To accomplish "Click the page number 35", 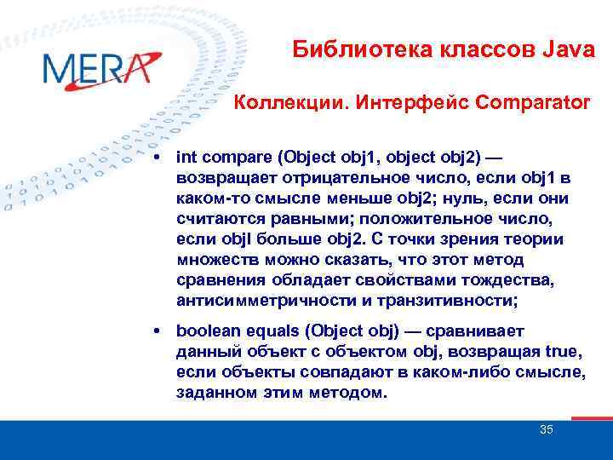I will [547, 429].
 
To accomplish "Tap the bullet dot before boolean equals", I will [159, 330].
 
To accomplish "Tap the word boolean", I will [204, 330].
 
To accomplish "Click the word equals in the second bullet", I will [268, 330].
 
